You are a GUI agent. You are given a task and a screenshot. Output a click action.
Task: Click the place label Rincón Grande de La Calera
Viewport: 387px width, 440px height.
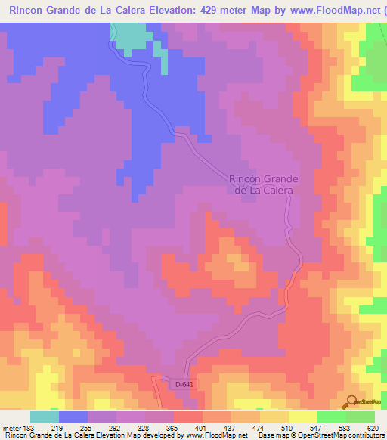click(263, 184)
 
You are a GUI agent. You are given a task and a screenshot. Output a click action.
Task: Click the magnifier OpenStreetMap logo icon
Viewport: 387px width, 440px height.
click(351, 401)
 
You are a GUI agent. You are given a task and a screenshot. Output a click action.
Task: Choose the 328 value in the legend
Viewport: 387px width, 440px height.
click(132, 429)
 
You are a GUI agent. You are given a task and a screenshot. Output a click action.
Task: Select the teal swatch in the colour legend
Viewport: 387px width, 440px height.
click(45, 417)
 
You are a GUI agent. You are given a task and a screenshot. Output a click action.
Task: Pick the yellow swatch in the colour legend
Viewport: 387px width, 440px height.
click(302, 417)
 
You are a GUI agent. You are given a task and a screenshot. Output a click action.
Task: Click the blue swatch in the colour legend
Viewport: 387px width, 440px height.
click(73, 417)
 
